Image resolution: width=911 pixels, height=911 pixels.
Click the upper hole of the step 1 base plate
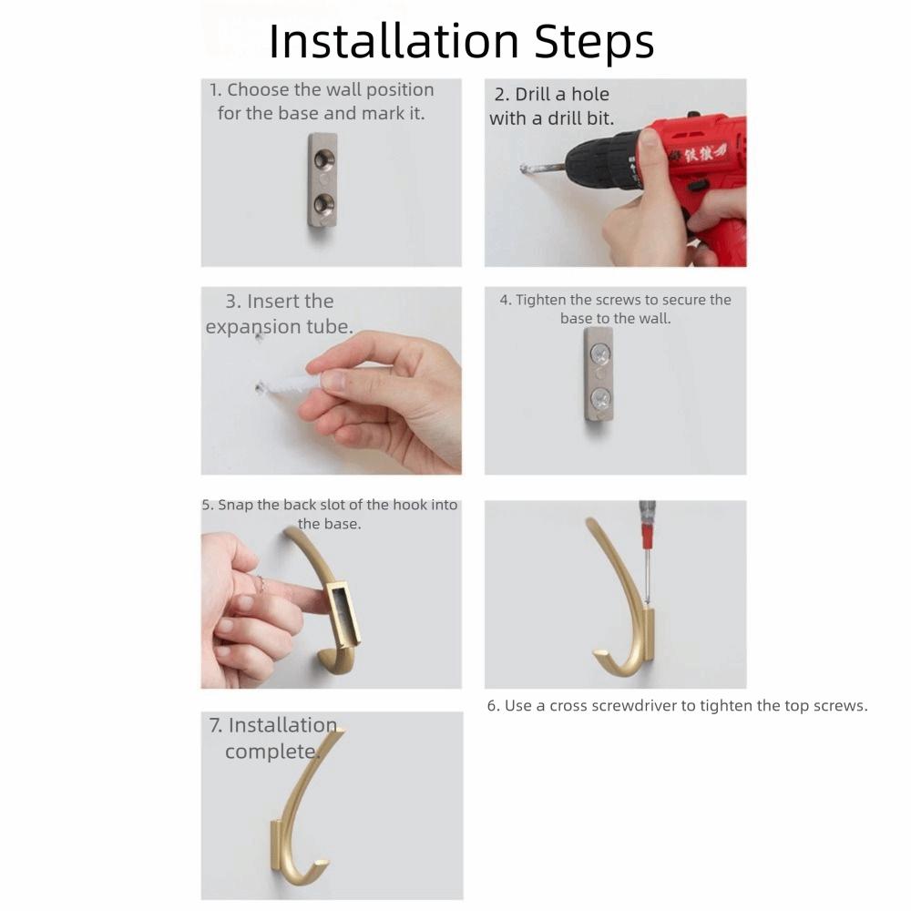324,161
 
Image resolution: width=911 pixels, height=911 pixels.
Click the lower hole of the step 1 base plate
324,201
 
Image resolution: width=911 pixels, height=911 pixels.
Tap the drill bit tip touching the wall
526,169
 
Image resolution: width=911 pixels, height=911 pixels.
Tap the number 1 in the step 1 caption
214,90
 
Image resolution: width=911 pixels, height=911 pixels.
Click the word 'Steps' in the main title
593,41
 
